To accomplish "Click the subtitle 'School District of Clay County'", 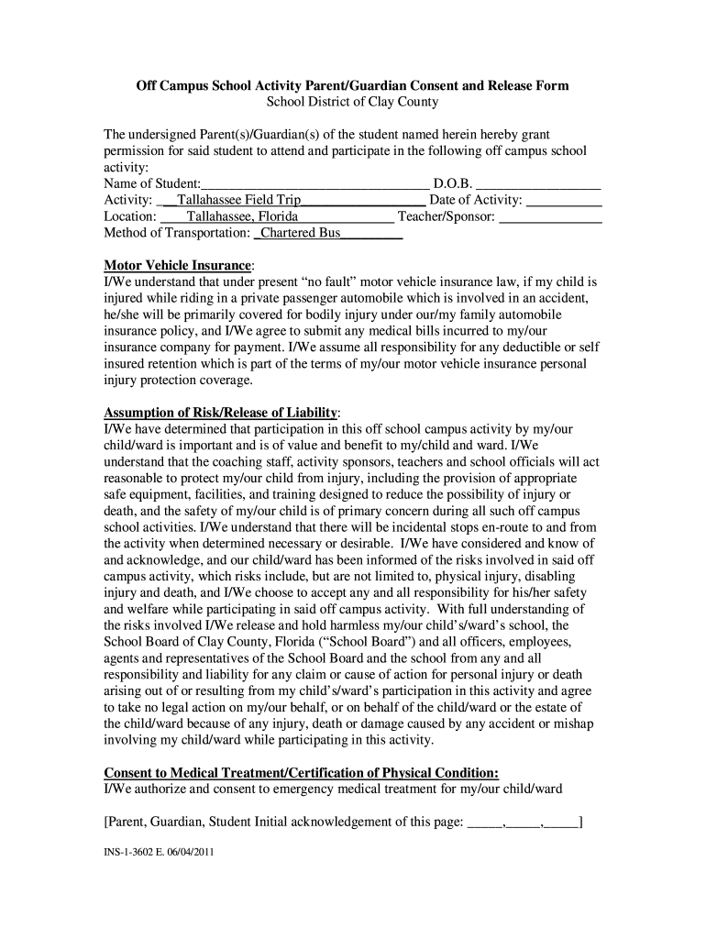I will (x=352, y=102).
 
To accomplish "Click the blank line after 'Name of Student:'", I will (x=314, y=183).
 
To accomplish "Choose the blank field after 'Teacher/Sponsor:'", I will (x=550, y=216).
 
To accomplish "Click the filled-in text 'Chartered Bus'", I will (x=301, y=233).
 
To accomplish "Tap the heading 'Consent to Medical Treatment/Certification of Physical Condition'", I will (x=302, y=772).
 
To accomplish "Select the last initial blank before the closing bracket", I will (x=561, y=822).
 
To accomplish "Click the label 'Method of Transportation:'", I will (x=177, y=233).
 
